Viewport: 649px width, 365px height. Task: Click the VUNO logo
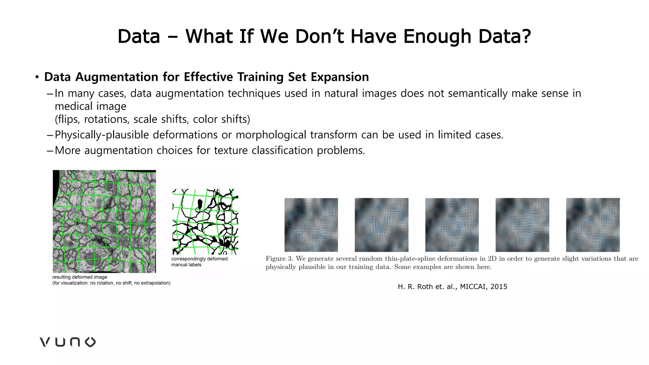[x=67, y=342]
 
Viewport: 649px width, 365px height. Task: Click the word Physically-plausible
[x=102, y=135]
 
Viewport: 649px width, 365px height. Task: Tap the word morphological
[x=271, y=135]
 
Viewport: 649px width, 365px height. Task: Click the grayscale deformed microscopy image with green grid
[x=104, y=221]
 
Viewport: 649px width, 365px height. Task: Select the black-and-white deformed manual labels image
[x=205, y=221]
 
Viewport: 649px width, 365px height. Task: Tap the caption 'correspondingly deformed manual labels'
[x=199, y=262]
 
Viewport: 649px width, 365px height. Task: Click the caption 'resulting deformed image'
[x=80, y=277]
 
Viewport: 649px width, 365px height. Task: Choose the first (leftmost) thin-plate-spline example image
[x=311, y=225]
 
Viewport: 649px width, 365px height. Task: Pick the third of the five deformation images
[x=452, y=225]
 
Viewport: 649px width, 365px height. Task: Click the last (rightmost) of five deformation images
[x=593, y=225]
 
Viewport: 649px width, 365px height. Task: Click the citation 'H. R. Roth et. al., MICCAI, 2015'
[x=452, y=287]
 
